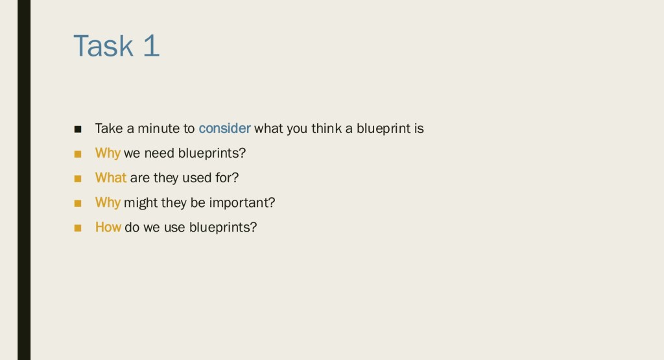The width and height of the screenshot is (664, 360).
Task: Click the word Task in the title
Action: point(104,45)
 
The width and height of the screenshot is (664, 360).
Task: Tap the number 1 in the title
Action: point(151,45)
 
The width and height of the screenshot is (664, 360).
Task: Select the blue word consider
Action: point(224,128)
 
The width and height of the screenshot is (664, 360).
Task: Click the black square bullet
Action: point(78,128)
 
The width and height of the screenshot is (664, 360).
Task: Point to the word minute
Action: point(158,128)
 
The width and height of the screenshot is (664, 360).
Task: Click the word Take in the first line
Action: point(109,128)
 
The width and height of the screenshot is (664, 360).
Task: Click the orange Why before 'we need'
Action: point(108,153)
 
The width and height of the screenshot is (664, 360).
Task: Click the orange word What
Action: point(110,178)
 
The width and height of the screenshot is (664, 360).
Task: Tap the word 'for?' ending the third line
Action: point(227,178)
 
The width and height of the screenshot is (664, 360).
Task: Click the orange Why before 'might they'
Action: point(108,202)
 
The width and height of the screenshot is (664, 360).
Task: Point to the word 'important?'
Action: point(243,202)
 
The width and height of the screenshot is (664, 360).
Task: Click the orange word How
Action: point(108,227)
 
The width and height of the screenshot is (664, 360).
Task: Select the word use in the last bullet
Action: point(174,228)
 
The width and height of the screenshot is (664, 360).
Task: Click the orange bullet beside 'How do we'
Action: point(78,228)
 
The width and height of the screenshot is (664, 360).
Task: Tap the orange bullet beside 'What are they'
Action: point(78,178)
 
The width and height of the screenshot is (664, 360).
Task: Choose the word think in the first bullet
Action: point(327,128)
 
